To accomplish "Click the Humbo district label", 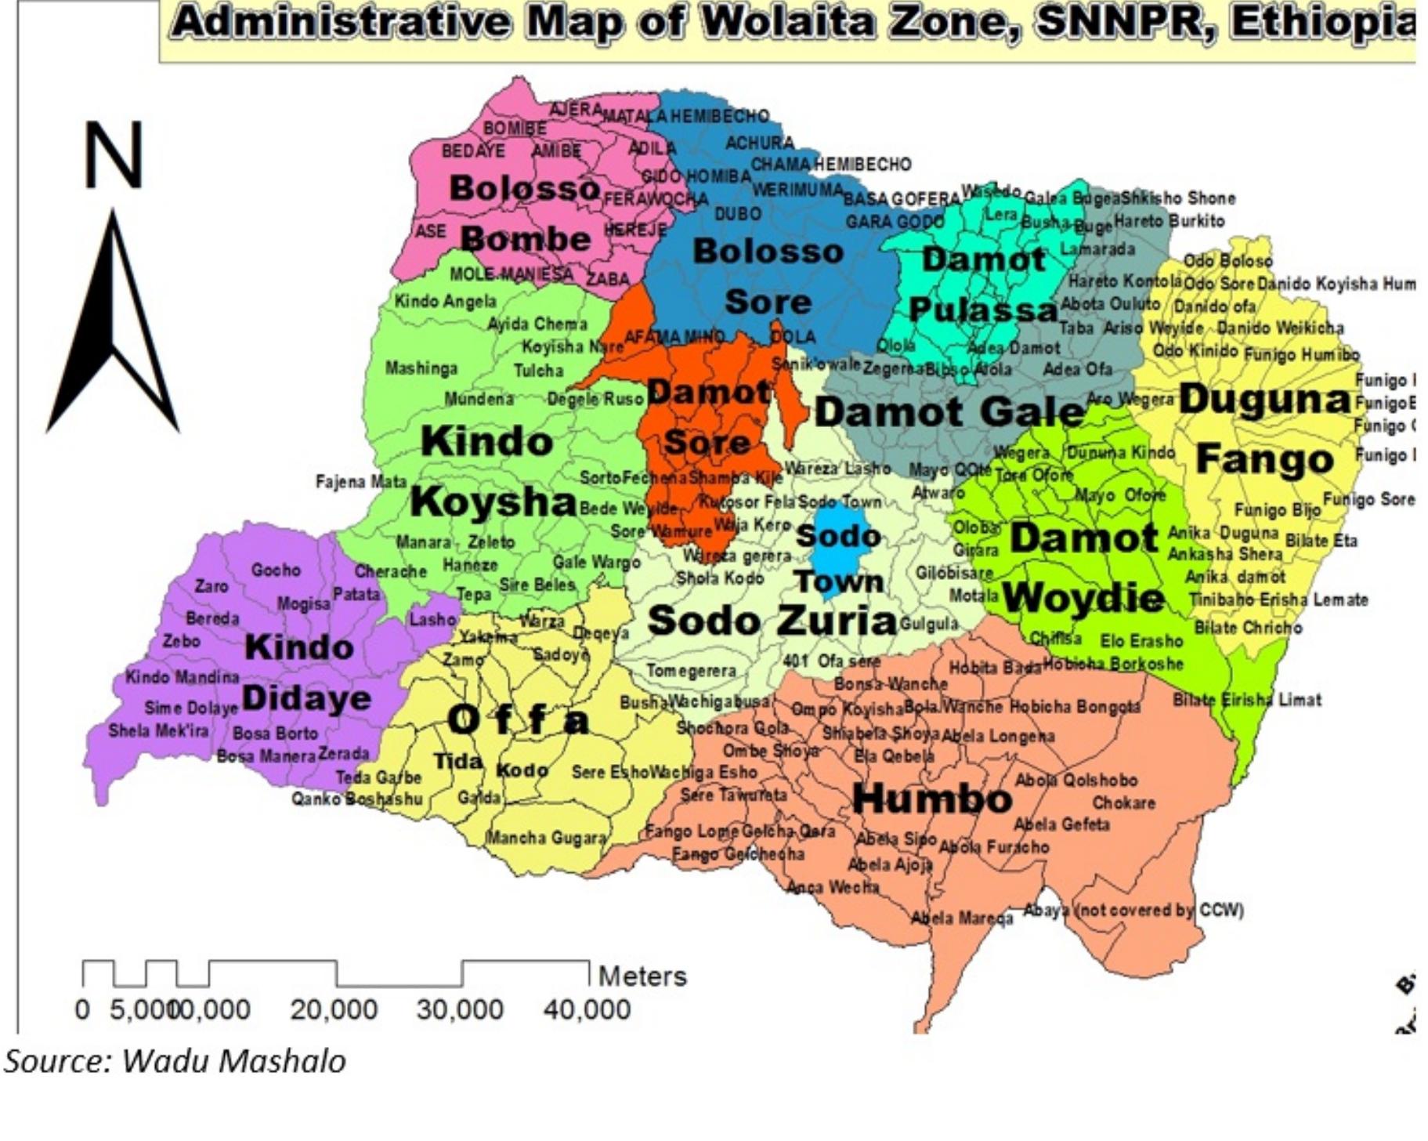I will pyautogui.click(x=931, y=799).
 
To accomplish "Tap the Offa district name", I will pyautogui.click(x=518, y=720).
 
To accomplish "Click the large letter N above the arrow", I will pyautogui.click(x=114, y=155).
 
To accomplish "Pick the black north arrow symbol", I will pyautogui.click(x=114, y=329).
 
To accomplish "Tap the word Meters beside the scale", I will pyautogui.click(x=642, y=976).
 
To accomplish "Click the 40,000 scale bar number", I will pyautogui.click(x=587, y=1010).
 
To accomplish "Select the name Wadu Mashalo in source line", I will pyautogui.click(x=233, y=1061).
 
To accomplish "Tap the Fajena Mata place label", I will pyautogui.click(x=361, y=481).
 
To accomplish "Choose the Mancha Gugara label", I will pyautogui.click(x=547, y=838).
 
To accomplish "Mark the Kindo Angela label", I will pyautogui.click(x=445, y=301).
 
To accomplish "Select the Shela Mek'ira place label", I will pyautogui.click(x=158, y=731).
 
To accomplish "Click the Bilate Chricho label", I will pyautogui.click(x=1248, y=628).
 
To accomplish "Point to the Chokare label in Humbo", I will pyautogui.click(x=1123, y=802).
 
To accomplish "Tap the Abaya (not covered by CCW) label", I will pyautogui.click(x=1133, y=910).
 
